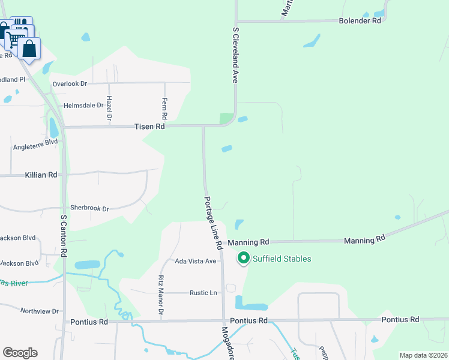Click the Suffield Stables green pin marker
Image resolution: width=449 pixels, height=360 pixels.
pos(244,259)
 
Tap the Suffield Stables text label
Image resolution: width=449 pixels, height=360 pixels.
pos(282,259)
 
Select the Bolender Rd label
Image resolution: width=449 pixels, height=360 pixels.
pos(360,20)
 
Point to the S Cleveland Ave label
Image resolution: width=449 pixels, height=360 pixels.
pos(236,54)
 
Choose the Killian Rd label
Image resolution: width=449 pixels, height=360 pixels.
pos(41,175)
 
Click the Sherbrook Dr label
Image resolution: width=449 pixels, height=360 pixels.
pos(89,209)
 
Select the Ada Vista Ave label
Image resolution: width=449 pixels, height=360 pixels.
pos(195,261)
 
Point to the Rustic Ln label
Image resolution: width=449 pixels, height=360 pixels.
pos(203,293)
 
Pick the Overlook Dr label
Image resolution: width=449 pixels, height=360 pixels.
pos(70,83)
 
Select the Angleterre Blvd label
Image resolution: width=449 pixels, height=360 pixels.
pos(35,146)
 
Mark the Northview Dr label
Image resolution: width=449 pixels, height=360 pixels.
pos(39,311)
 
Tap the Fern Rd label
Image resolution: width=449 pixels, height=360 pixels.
pos(164,108)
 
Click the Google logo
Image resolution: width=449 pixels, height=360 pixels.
pos(20,353)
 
